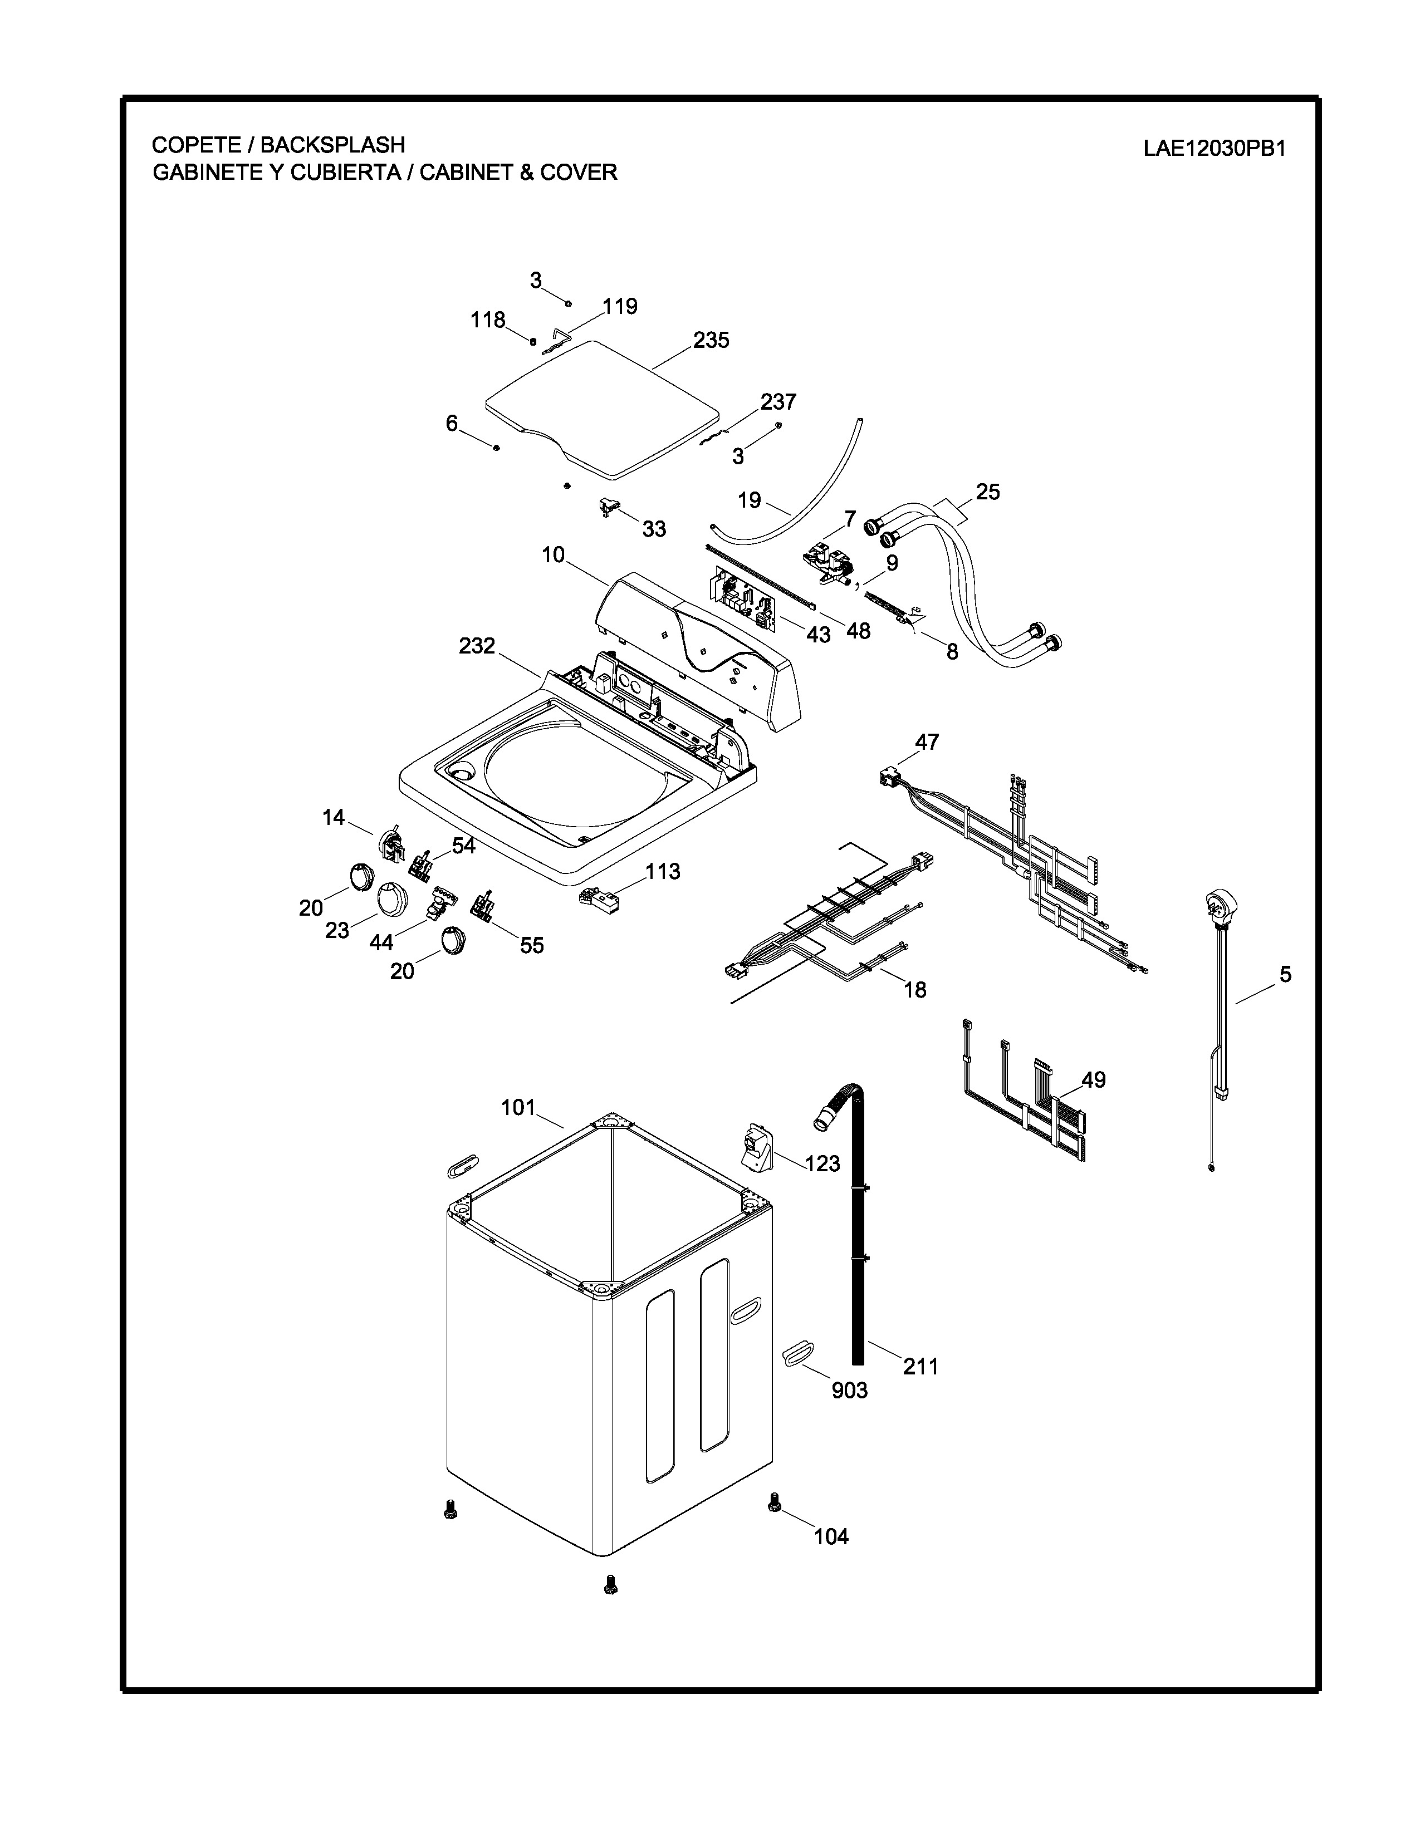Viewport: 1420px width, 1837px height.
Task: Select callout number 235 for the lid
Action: [711, 341]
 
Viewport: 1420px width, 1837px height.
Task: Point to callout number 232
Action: [477, 646]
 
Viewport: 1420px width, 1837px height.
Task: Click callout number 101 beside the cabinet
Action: [518, 1108]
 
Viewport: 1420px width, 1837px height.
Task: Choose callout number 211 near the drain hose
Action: [920, 1367]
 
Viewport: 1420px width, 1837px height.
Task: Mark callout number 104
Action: [831, 1537]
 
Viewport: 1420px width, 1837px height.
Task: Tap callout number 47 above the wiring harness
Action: [927, 742]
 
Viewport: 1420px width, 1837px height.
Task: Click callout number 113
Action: [663, 871]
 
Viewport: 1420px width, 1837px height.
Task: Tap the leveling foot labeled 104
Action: [774, 1505]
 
